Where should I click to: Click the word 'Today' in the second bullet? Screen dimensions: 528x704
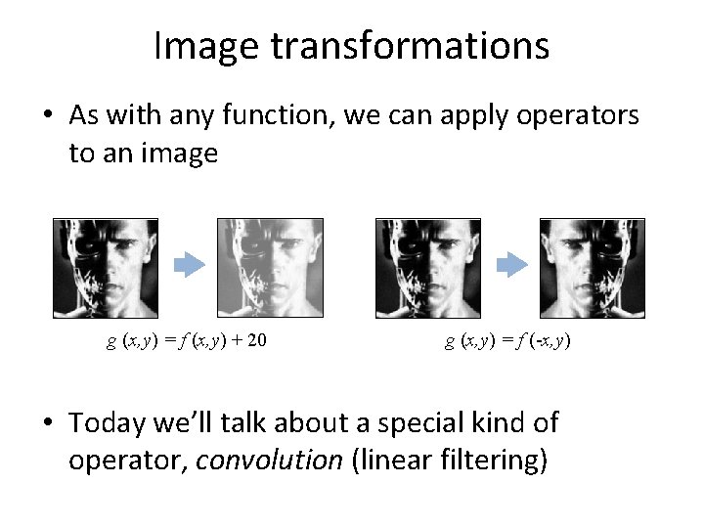click(110, 422)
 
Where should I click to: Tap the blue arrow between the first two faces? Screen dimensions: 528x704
click(191, 265)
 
